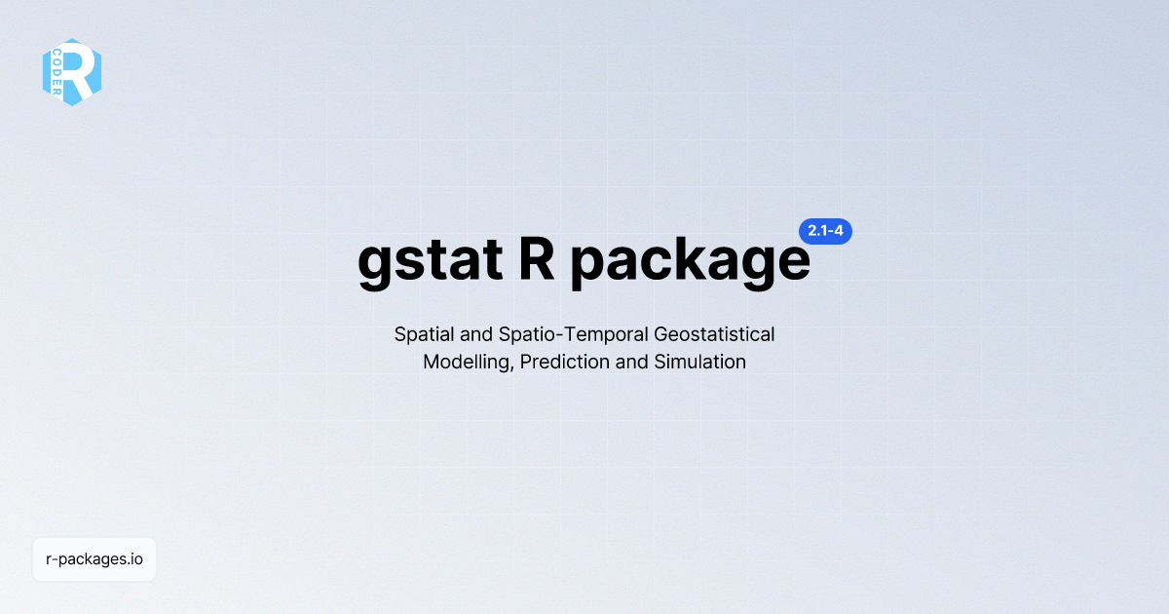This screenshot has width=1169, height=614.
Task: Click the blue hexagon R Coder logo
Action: click(x=72, y=72)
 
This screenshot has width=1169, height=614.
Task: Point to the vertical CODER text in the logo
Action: click(x=57, y=72)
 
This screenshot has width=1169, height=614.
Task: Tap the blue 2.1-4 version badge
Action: click(x=825, y=232)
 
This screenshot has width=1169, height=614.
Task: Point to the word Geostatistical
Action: click(x=714, y=334)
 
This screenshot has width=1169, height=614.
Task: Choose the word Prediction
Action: click(x=565, y=363)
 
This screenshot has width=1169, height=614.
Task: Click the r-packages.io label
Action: click(x=94, y=559)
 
